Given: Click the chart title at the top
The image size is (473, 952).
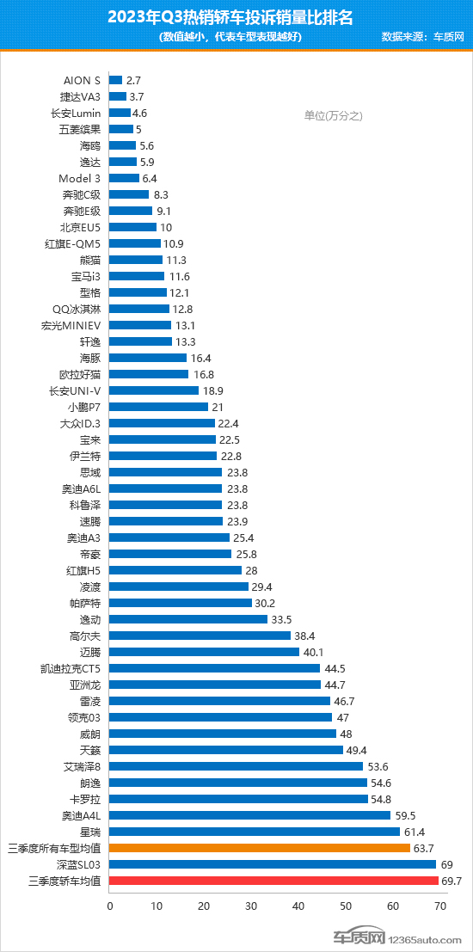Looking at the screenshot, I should (x=236, y=16).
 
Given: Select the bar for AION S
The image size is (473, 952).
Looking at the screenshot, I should (x=116, y=80).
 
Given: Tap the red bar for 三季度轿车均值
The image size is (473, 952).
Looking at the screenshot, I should (x=274, y=880).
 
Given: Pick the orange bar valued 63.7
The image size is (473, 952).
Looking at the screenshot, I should (x=261, y=847).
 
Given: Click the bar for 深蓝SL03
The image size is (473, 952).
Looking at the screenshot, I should (x=273, y=863).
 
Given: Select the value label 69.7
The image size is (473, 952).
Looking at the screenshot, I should (x=452, y=880).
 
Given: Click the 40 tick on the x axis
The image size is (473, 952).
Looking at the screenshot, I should (x=298, y=905).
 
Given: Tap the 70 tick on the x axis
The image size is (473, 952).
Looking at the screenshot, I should (x=440, y=905).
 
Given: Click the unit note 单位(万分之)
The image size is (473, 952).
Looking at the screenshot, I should (x=334, y=115).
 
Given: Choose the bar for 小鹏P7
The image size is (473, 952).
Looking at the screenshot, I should (x=159, y=407).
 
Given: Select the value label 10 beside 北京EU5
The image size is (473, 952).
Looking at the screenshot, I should (x=167, y=227).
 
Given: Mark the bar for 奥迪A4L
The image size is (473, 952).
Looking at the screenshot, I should (x=250, y=814).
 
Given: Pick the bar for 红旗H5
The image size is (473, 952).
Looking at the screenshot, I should (x=175, y=569).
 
